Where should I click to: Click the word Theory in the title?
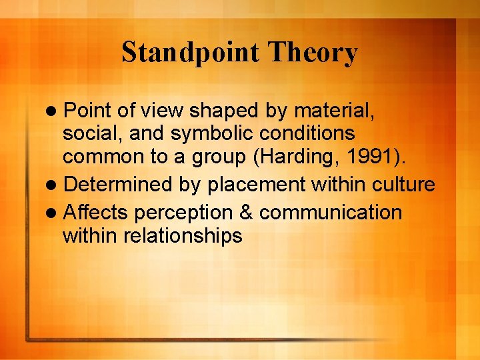pyautogui.click(x=313, y=53)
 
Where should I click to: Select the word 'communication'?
pyautogui.click(x=331, y=213)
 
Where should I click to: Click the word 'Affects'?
pyautogui.click(x=96, y=213)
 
